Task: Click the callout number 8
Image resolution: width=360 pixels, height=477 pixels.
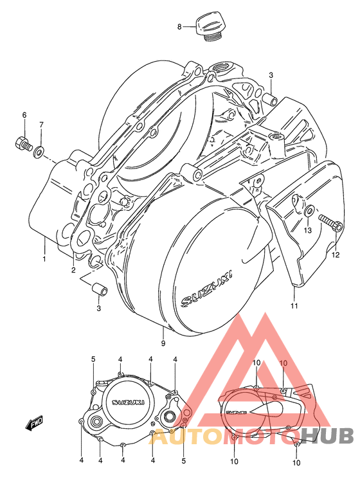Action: [181, 26]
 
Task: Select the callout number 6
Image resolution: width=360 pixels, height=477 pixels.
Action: [24, 115]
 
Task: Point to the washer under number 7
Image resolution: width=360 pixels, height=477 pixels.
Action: [40, 152]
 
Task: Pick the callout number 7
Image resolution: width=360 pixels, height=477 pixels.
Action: [41, 124]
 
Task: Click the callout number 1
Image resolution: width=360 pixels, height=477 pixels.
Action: [44, 259]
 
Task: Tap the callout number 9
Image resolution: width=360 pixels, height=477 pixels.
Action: [163, 345]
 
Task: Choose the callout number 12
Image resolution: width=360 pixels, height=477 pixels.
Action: [334, 255]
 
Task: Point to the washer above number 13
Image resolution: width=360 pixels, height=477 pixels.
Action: [309, 212]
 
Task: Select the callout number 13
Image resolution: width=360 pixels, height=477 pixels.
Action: [308, 230]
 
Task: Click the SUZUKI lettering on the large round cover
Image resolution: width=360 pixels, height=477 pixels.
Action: [207, 287]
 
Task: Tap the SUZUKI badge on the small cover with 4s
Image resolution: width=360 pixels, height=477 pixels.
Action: [129, 402]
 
